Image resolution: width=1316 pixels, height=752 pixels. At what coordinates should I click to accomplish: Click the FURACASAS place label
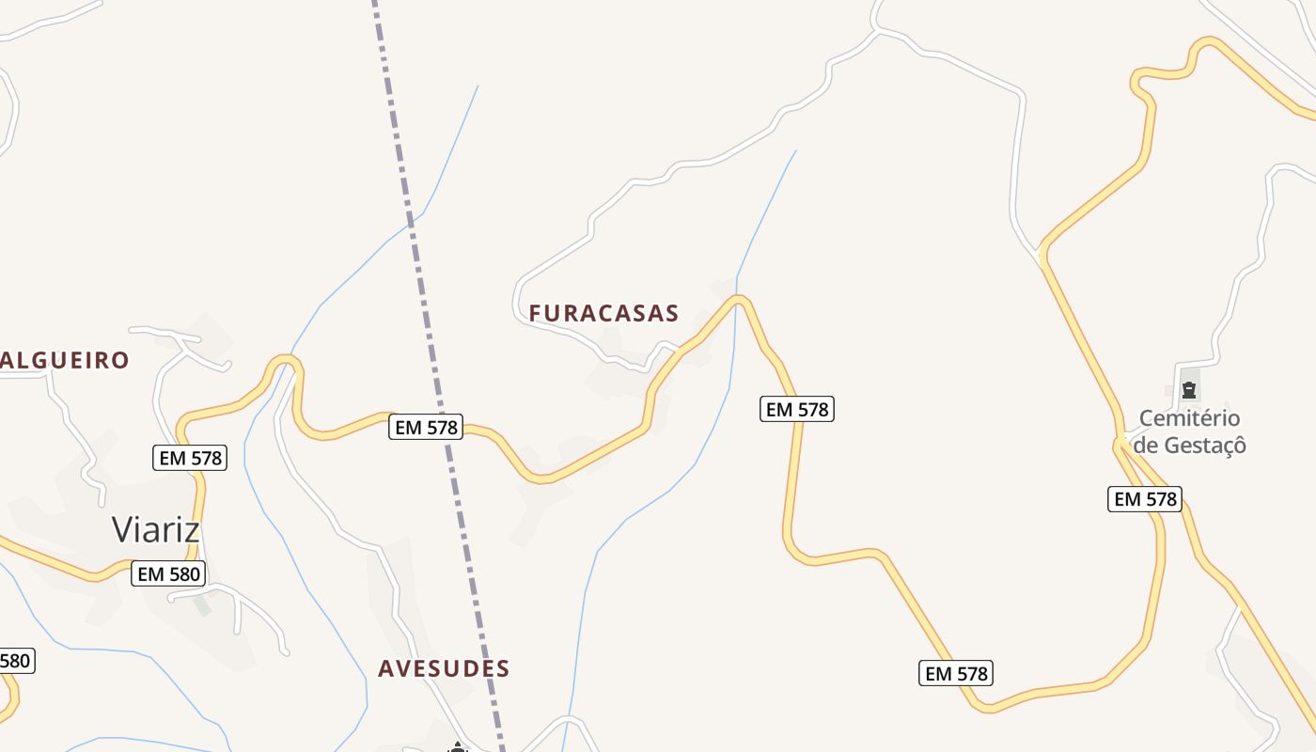[603, 313]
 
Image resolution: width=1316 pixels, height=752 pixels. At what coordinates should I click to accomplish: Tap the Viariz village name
[156, 529]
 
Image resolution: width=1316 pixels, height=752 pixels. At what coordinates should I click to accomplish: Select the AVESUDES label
[444, 668]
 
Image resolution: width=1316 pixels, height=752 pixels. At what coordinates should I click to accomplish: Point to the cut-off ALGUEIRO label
[64, 360]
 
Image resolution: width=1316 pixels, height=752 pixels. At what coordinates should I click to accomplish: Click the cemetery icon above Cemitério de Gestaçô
[1189, 388]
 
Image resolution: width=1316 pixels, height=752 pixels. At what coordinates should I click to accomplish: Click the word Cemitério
[1189, 418]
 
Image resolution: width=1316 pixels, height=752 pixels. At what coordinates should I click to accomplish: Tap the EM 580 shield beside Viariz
[168, 573]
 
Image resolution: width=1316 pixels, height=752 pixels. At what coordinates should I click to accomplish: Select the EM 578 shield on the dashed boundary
[427, 428]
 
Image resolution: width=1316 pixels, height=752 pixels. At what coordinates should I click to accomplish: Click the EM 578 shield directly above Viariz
[190, 458]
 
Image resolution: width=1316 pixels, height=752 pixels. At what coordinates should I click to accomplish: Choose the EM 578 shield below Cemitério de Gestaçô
[1144, 499]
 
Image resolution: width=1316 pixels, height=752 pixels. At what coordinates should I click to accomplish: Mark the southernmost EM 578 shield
[956, 673]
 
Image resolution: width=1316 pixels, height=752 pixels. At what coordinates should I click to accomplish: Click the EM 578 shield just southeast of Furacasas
[796, 409]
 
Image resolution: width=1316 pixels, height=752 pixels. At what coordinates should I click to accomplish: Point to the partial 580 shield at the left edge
[16, 661]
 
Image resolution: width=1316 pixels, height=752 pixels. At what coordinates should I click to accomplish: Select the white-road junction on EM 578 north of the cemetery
[1042, 253]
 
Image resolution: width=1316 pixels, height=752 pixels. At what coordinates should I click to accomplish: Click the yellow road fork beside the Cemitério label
[1122, 440]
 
